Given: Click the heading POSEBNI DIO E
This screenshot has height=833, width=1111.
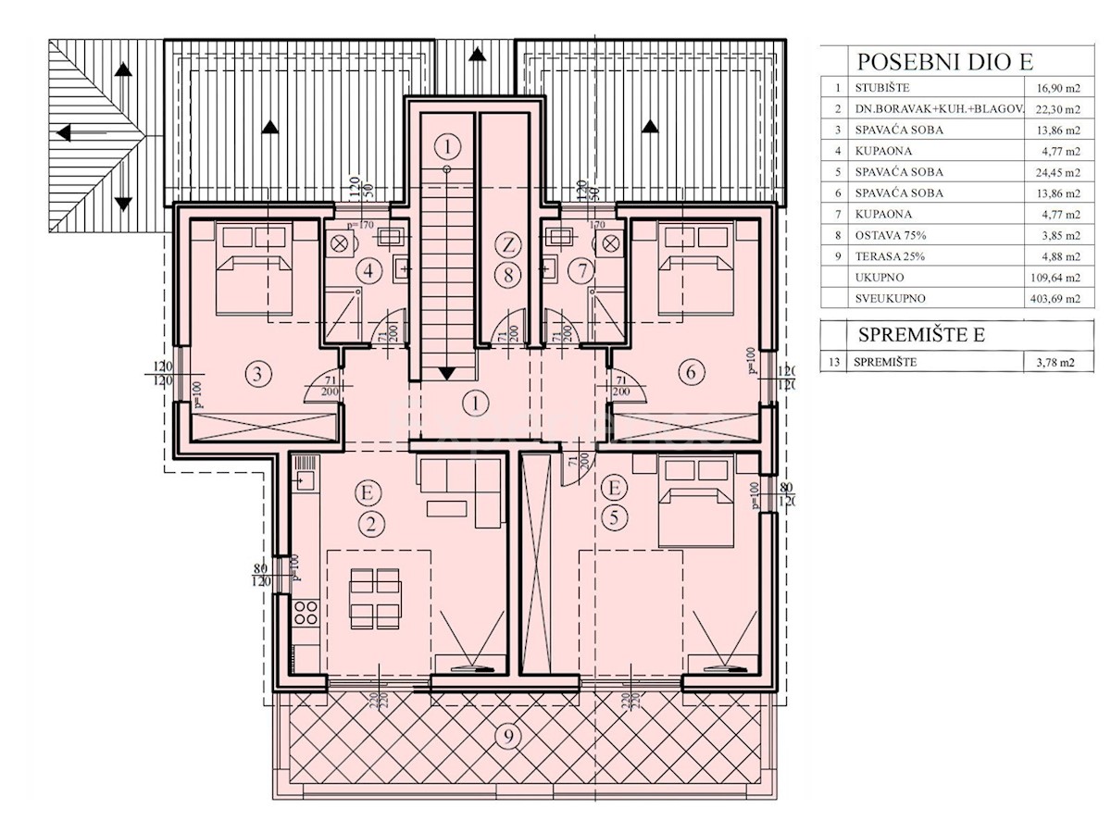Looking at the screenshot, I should click(944, 62).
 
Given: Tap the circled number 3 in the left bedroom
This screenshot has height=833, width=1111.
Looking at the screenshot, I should click(257, 375).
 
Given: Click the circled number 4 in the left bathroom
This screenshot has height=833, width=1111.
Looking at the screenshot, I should click(369, 272).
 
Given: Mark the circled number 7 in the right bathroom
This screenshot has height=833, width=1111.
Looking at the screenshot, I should click(580, 272).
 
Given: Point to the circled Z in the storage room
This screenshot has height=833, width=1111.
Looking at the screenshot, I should click(506, 245).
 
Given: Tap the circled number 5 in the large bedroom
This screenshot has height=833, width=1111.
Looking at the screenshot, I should click(614, 518).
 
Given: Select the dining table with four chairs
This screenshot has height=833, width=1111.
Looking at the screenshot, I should click(377, 597).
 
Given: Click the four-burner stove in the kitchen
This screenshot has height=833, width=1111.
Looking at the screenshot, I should click(306, 613).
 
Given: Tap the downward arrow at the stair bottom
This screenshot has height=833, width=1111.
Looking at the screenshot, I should click(447, 373).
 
